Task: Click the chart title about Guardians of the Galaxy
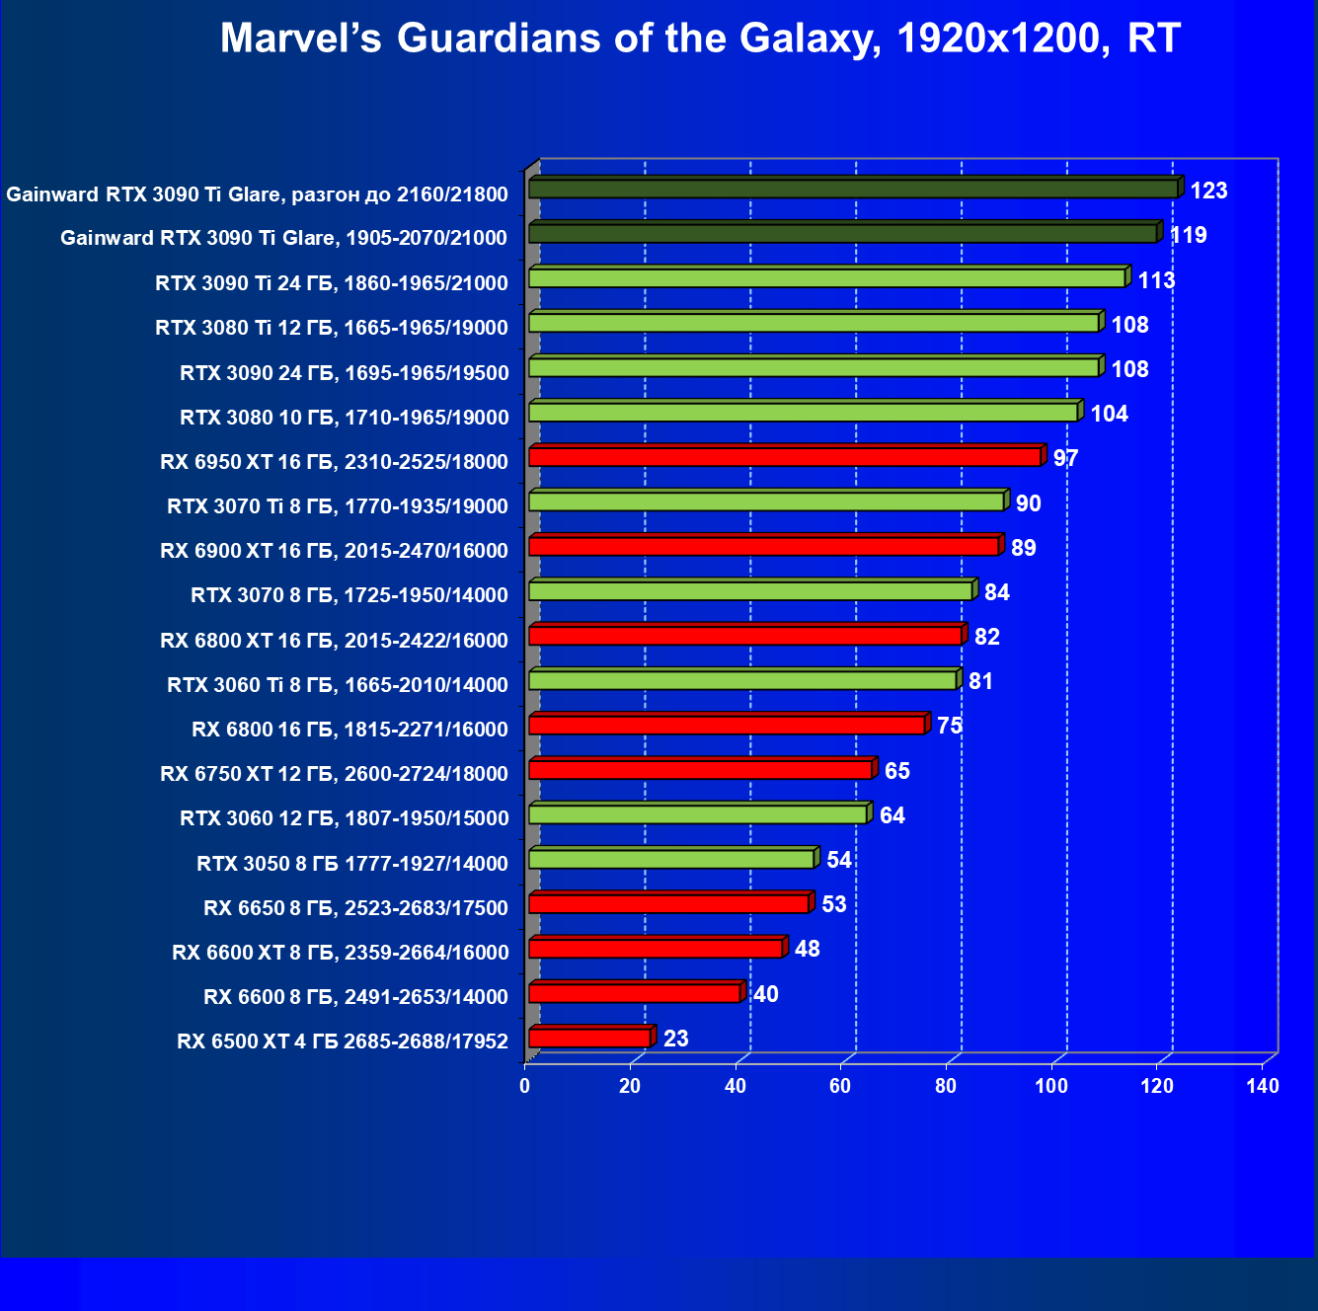[700, 39]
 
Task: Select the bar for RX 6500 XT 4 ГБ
[589, 1038]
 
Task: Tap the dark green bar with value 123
[853, 188]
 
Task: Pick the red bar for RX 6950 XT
[785, 456]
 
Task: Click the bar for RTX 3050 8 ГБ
[671, 859]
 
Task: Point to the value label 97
[1065, 458]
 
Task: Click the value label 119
[1188, 235]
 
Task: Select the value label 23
[675, 1039]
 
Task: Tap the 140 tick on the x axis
[1263, 1086]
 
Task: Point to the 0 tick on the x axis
[525, 1086]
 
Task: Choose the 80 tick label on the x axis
[946, 1086]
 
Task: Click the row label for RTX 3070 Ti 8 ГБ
[338, 506]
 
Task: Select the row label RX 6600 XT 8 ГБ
[340, 953]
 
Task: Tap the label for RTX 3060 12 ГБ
[344, 818]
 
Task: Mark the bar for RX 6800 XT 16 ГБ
[745, 635]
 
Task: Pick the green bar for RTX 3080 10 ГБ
[804, 412]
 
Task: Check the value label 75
[949, 726]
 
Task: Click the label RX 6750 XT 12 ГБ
[334, 774]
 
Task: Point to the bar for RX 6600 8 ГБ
[635, 993]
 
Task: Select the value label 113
[1156, 280]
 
